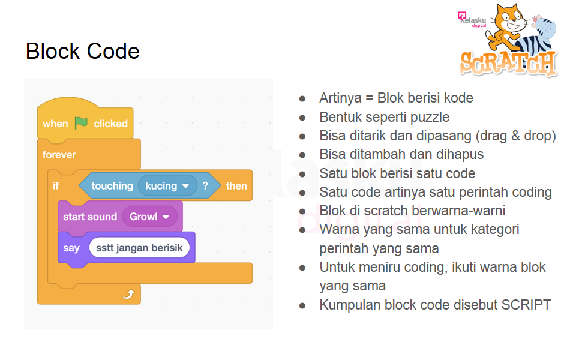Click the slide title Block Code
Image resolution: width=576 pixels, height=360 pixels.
(x=82, y=51)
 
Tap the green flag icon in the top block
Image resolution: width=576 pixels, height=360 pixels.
(x=81, y=123)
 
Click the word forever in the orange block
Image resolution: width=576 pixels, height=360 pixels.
(x=59, y=155)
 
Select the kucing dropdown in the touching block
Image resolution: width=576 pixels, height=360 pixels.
(x=167, y=186)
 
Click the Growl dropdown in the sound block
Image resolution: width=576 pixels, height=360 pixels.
(x=149, y=217)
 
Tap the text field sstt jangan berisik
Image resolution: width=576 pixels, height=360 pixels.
(x=139, y=248)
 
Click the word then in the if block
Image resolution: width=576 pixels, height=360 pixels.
(x=236, y=186)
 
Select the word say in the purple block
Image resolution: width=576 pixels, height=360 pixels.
(x=71, y=248)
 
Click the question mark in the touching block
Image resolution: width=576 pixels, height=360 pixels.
(x=205, y=186)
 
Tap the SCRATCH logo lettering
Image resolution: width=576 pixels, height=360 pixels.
(x=508, y=62)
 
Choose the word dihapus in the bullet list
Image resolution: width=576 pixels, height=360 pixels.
(x=461, y=155)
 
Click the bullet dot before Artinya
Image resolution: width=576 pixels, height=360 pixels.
(x=302, y=98)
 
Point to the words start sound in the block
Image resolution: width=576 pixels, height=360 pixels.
(x=90, y=217)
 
